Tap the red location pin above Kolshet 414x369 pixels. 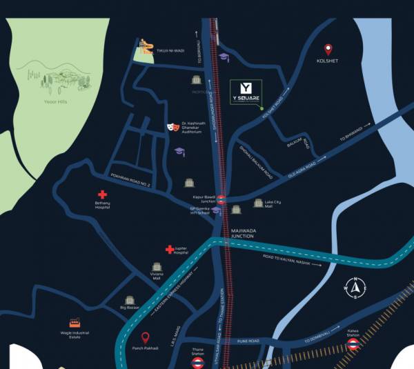[x=328, y=50]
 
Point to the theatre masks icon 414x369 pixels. [x=171, y=128]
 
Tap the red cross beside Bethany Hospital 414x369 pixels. [x=102, y=195]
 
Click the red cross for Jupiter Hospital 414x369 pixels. [x=169, y=249]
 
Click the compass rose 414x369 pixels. [x=355, y=288]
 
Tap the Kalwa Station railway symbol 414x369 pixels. [x=353, y=343]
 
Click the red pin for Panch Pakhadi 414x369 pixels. [x=146, y=338]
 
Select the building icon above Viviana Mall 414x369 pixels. [x=157, y=266]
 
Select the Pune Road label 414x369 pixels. [x=249, y=341]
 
